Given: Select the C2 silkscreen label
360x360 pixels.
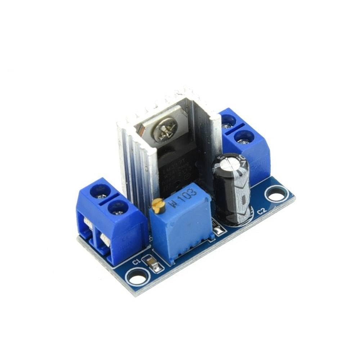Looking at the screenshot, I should (262, 211).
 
